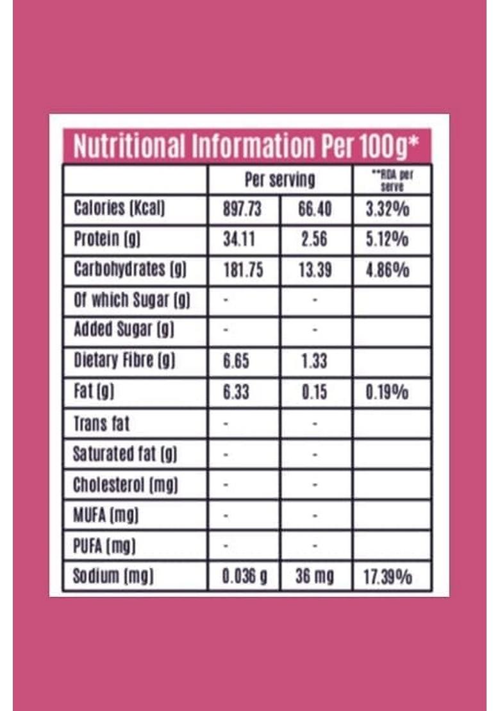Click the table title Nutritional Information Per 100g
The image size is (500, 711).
click(x=246, y=146)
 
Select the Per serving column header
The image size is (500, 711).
click(x=280, y=180)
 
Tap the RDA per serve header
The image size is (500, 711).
click(x=392, y=180)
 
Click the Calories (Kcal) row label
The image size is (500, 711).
click(x=120, y=209)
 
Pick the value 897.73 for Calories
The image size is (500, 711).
click(x=242, y=209)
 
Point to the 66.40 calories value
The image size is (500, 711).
click(x=314, y=209)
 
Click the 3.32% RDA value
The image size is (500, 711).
click(x=388, y=209)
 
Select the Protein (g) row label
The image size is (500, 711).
click(x=107, y=239)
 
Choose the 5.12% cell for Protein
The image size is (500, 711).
click(x=388, y=239)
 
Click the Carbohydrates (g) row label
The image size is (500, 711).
click(x=130, y=270)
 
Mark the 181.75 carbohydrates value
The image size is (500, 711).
click(x=242, y=270)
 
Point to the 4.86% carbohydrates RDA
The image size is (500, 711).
click(x=388, y=270)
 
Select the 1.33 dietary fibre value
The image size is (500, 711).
click(x=314, y=362)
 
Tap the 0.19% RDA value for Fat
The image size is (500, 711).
click(x=387, y=392)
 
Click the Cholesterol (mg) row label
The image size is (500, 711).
click(x=126, y=484)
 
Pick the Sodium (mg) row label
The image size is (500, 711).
click(x=113, y=576)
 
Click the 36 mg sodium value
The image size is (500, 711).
click(x=314, y=577)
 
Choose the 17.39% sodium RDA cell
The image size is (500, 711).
click(x=388, y=577)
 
